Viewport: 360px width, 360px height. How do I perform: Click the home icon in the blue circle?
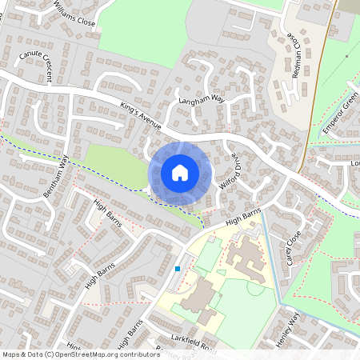pos(179,172)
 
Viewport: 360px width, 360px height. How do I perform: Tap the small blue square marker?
pos(177,269)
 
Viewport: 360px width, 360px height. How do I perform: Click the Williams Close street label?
pos(74,13)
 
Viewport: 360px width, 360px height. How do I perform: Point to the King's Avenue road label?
pos(141,116)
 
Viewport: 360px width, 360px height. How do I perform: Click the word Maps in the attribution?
pos(11,354)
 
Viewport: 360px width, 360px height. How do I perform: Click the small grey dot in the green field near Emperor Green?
pos(346,57)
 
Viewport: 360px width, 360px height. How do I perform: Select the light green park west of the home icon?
pos(112,165)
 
